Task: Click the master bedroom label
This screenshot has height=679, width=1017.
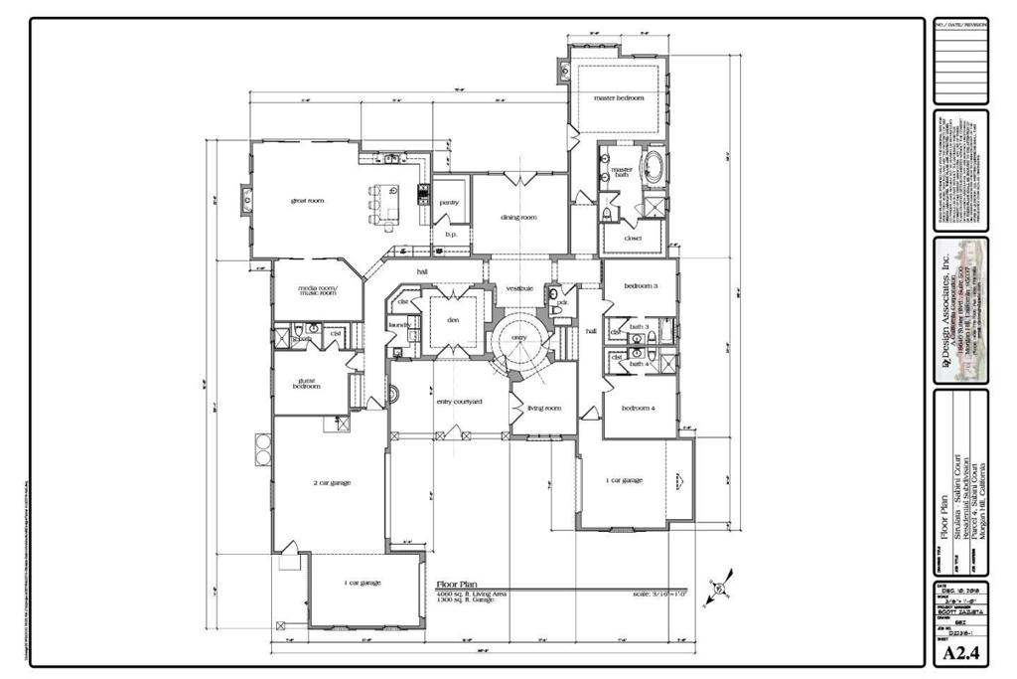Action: [619, 98]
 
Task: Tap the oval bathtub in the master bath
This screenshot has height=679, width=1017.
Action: [654, 166]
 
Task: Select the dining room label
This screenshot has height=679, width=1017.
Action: [518, 217]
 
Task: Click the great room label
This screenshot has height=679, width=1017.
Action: [307, 201]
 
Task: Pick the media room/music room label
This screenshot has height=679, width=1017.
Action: [318, 291]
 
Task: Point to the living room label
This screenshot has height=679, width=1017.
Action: [543, 408]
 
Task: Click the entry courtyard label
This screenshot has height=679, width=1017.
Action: [459, 402]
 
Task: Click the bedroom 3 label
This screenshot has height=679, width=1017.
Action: [640, 286]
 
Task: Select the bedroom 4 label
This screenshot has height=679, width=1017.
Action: [639, 408]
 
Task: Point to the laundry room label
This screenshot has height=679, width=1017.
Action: [399, 324]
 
